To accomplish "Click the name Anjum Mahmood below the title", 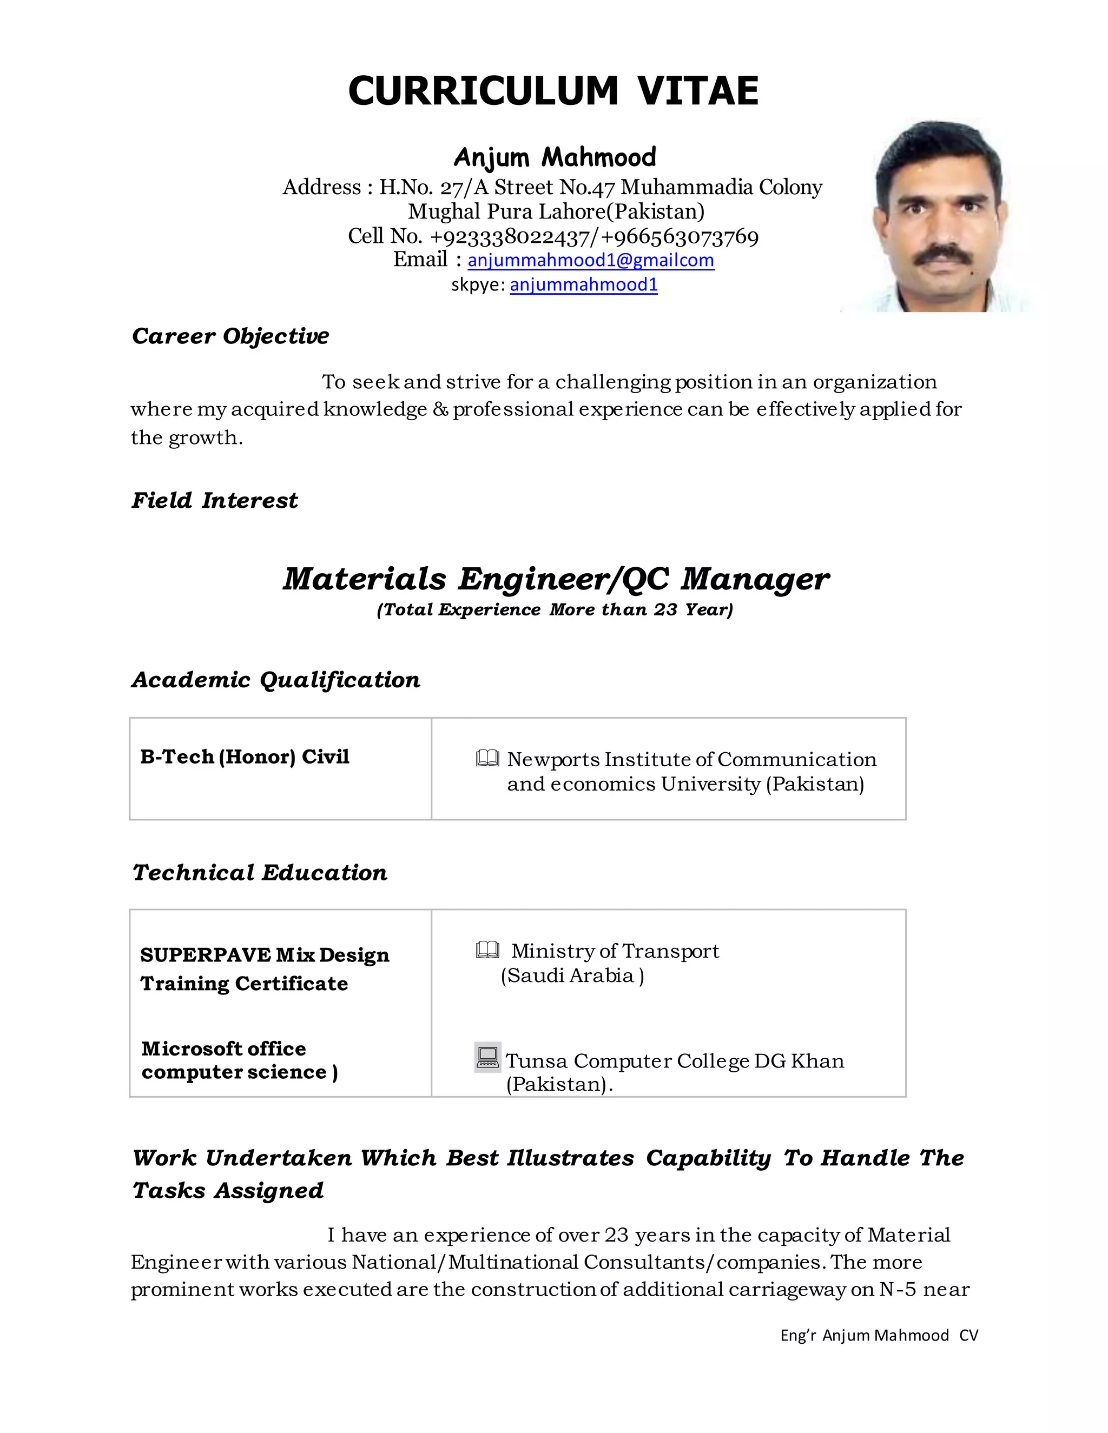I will (x=555, y=157).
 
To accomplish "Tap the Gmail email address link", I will (x=590, y=261).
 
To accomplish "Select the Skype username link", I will (x=584, y=285).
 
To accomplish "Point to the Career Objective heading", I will (x=230, y=336).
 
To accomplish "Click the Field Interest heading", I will (x=215, y=501).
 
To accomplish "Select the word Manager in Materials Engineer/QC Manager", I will (x=755, y=579).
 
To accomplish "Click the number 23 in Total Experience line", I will (x=665, y=609).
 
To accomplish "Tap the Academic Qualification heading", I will (x=276, y=680).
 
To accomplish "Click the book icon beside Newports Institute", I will (x=487, y=759).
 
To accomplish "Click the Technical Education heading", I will (x=260, y=873).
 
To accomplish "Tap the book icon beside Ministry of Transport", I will (x=487, y=950).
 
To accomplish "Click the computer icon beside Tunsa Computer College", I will (x=487, y=1057).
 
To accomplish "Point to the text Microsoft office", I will (x=224, y=1049).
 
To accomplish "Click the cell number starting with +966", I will (x=680, y=236).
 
